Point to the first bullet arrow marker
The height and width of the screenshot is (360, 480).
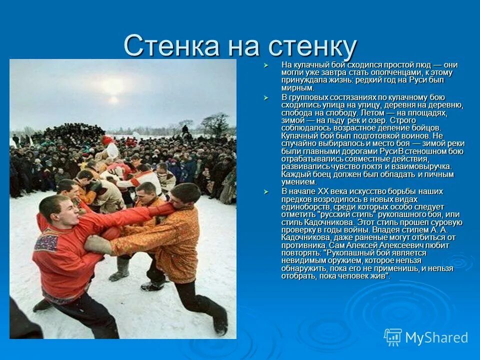(266, 65)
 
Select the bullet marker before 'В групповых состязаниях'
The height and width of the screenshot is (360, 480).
(266, 97)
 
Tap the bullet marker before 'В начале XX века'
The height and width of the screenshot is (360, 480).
(266, 191)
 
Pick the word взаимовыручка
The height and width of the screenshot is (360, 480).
(425, 166)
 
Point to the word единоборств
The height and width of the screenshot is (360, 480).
(305, 206)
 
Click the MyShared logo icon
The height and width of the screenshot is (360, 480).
(392, 337)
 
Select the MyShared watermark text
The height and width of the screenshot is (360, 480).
(436, 338)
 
